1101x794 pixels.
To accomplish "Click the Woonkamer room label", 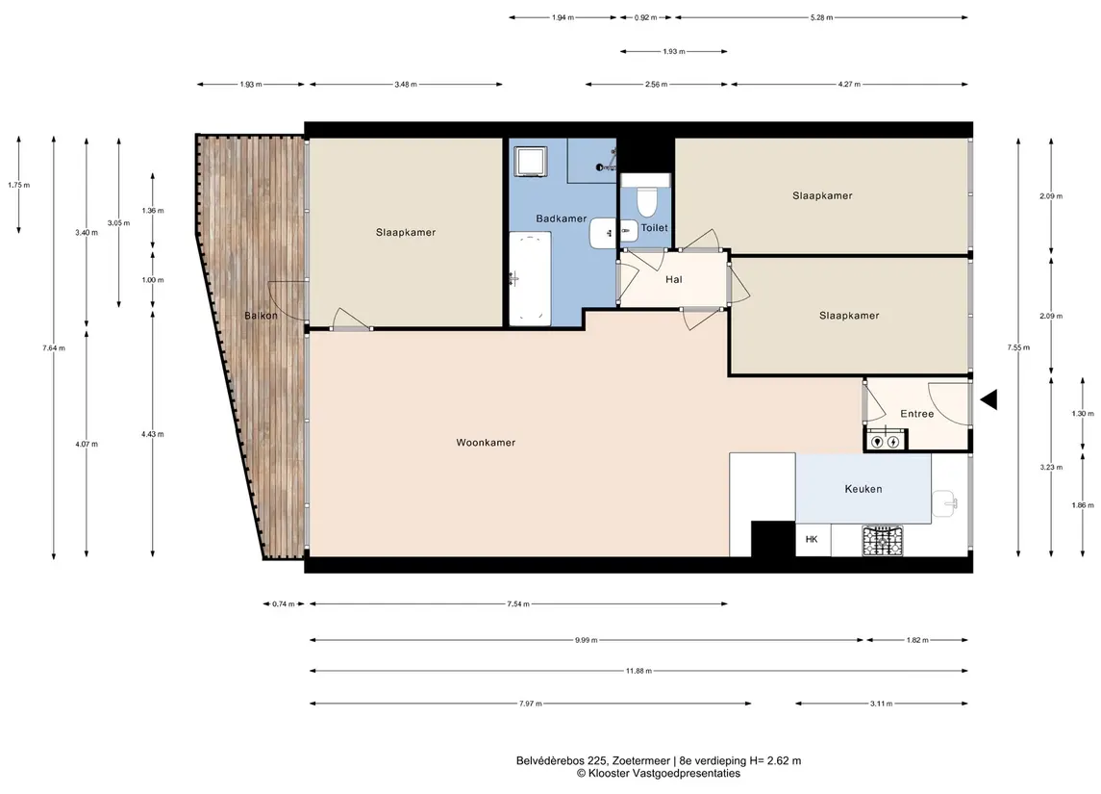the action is tap(486, 443).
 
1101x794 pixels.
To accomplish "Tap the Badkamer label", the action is tap(561, 218).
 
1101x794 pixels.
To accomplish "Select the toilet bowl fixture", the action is tap(646, 201).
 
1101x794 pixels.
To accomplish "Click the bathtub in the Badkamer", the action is tap(530, 278).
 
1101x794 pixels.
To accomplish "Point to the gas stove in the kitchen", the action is tap(883, 541).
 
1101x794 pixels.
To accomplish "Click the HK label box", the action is tap(813, 540).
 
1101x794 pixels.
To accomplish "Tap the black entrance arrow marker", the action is tap(988, 399).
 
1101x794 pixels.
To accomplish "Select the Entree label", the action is tap(917, 414).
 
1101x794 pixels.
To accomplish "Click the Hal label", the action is tap(673, 280).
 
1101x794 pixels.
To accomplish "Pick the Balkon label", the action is tap(262, 316).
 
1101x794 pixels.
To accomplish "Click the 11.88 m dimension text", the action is tap(638, 671).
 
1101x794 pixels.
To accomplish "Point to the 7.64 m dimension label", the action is tap(53, 347).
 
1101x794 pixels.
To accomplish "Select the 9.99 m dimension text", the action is tap(586, 640).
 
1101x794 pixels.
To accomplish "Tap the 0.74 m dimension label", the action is tap(284, 603).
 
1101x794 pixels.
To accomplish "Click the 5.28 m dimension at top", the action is tap(821, 17).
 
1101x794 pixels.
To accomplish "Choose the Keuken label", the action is tap(863, 489).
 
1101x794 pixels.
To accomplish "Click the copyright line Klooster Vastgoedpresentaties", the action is tap(658, 774).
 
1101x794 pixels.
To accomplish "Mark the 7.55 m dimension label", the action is tap(1018, 347).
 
